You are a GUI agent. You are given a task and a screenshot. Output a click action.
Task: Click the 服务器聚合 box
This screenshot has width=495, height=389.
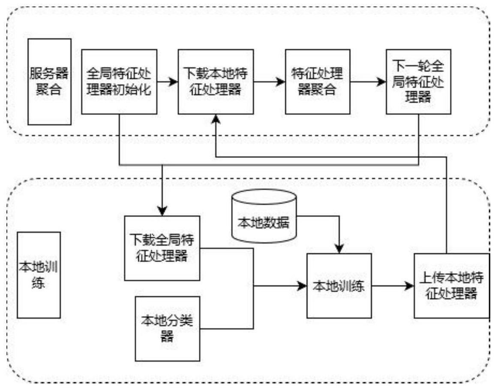[x=49, y=81]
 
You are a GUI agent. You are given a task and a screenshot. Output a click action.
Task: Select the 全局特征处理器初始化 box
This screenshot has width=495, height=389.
[x=120, y=81]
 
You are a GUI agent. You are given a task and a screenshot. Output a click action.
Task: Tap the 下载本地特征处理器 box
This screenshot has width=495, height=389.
[x=216, y=81]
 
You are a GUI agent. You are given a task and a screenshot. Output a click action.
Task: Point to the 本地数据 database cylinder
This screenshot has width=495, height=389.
[x=264, y=216]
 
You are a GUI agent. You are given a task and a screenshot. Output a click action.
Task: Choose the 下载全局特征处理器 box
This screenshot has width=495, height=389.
[x=162, y=248]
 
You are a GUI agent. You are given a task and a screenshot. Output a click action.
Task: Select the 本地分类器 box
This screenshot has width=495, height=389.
[x=167, y=329]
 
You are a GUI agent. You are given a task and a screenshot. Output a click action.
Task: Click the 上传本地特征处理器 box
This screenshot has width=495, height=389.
[x=451, y=285]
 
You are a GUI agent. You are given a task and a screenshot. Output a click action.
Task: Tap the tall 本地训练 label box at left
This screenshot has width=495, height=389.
[x=39, y=275]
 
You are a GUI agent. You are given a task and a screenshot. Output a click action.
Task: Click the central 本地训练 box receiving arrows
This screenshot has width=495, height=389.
[x=339, y=285]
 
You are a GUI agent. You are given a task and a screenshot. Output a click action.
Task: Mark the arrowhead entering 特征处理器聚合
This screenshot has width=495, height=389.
[x=281, y=81]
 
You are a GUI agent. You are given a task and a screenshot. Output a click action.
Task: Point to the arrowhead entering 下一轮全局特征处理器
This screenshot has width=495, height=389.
[x=381, y=81]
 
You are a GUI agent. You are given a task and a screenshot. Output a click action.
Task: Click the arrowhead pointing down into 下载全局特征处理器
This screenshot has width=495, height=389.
[x=162, y=211]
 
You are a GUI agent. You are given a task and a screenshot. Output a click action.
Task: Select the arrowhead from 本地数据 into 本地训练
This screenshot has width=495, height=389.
[x=339, y=249]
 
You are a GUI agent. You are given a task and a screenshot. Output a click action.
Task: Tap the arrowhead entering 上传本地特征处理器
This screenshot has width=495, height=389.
[x=410, y=285]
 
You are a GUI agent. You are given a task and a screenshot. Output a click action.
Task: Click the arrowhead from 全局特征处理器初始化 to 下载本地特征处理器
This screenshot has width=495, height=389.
[x=174, y=81]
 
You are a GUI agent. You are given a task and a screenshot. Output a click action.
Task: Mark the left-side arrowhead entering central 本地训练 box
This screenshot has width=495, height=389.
[x=302, y=285]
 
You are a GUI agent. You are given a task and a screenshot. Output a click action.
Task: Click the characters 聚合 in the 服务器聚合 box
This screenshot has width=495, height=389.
[x=49, y=90]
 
